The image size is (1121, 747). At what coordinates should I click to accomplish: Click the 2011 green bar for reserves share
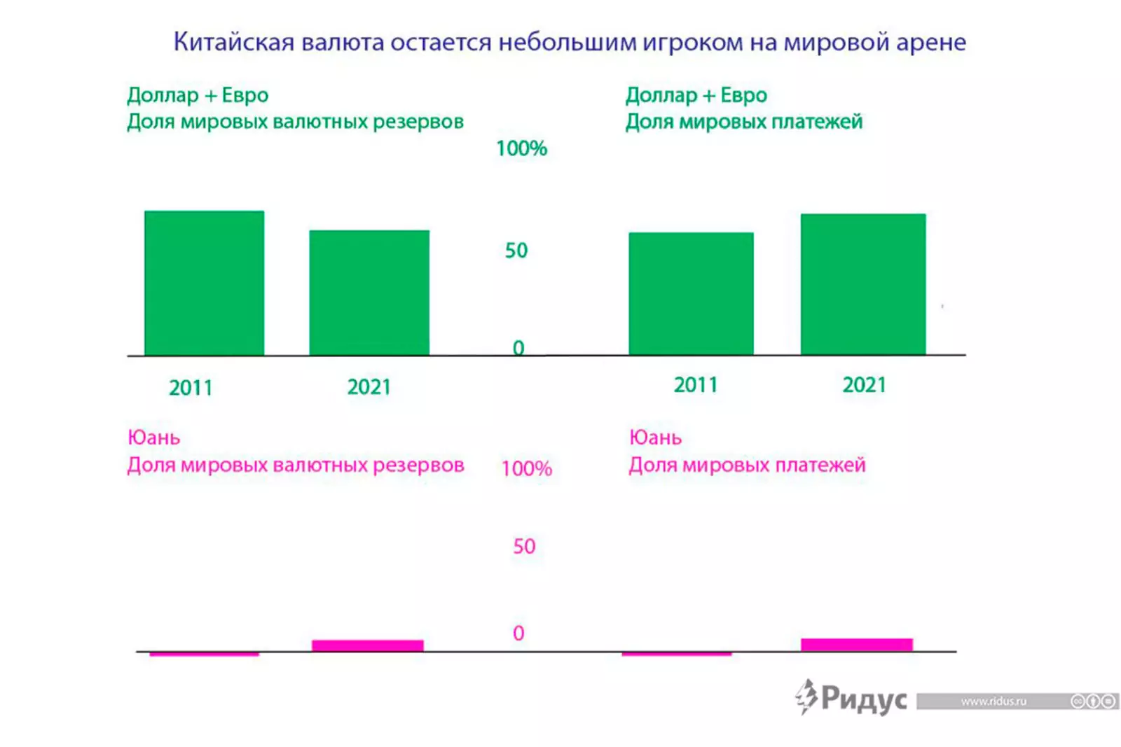204,283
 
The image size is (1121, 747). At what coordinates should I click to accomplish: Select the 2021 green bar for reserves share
369,292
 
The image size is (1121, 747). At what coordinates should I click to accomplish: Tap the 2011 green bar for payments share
691,293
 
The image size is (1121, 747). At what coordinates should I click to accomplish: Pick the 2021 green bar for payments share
863,284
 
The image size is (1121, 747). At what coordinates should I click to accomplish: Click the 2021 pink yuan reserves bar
368,645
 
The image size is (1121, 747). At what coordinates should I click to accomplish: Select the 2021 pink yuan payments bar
857,645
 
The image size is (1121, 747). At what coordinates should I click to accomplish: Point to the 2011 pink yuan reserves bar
204,654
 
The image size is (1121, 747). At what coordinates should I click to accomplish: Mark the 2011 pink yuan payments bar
677,654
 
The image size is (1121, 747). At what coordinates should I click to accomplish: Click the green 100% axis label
521,148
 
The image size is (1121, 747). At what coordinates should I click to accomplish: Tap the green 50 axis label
516,251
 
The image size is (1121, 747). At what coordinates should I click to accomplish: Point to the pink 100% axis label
527,468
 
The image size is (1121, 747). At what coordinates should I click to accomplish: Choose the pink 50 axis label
524,546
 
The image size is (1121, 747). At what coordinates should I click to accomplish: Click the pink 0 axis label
518,633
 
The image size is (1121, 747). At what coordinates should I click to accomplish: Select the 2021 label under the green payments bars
864,385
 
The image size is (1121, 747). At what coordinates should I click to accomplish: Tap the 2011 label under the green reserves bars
191,388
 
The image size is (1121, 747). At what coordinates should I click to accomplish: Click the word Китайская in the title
234,43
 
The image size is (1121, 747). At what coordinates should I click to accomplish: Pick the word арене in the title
931,43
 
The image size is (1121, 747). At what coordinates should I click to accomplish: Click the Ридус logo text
863,699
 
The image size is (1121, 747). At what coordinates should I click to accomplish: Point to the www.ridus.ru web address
993,701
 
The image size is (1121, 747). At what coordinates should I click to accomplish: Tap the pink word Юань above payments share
655,438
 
